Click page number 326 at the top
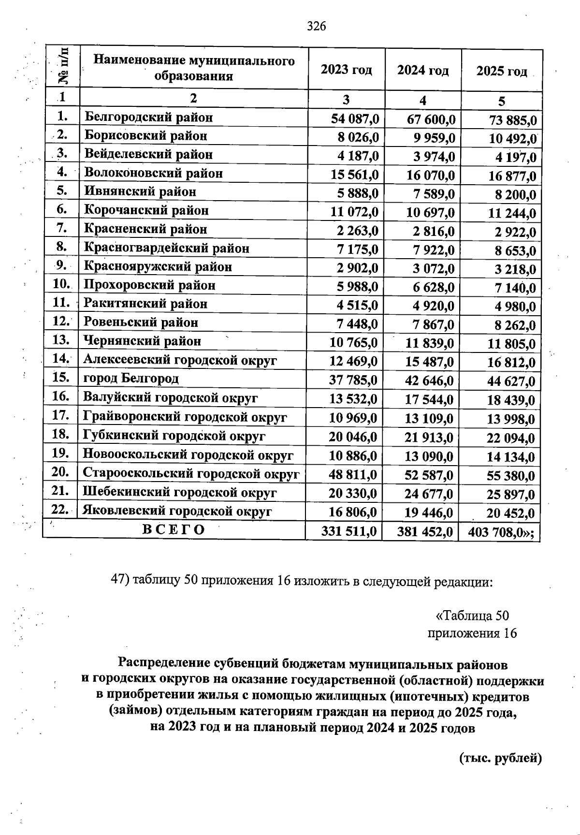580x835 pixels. click(x=317, y=26)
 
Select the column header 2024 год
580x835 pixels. click(x=423, y=70)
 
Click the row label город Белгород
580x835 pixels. click(x=131, y=378)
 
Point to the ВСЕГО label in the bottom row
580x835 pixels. click(x=174, y=529)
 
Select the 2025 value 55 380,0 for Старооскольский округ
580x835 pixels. click(x=511, y=476)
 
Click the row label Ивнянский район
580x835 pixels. click(x=140, y=191)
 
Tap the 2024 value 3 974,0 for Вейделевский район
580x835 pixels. click(x=431, y=157)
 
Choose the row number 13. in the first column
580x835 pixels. click(x=61, y=340)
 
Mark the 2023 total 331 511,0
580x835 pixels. click(x=349, y=532)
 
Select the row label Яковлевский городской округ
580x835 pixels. click(x=177, y=511)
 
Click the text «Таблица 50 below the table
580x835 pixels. click(x=472, y=615)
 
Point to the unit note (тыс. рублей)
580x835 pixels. click(x=500, y=758)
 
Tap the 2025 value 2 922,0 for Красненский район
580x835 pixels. click(x=515, y=233)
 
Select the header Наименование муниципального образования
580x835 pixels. click(x=194, y=68)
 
